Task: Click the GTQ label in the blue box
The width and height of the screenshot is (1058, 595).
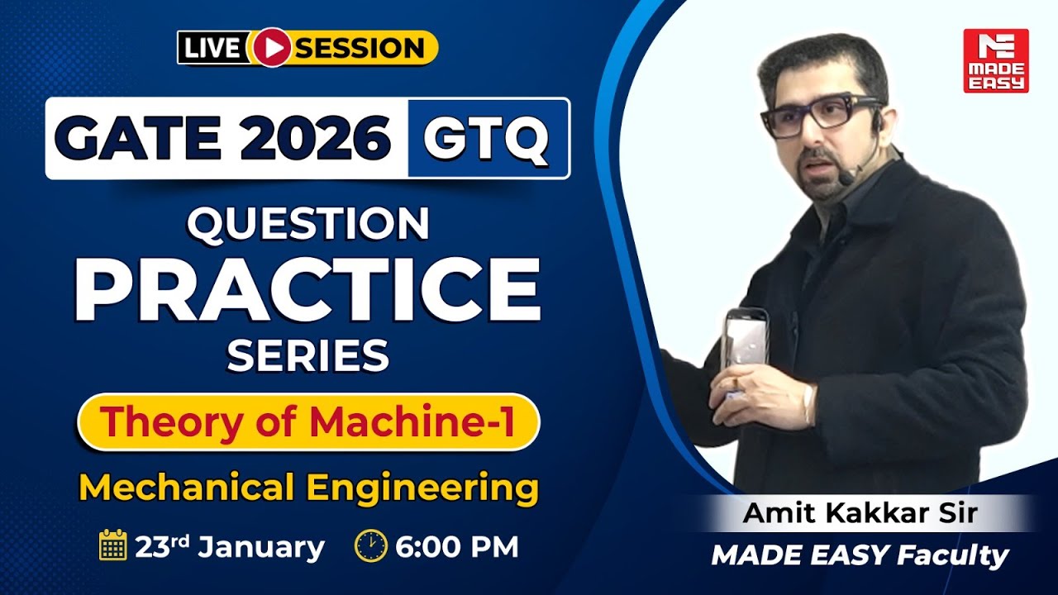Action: tap(487, 138)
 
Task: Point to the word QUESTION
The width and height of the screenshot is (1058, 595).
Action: tap(307, 224)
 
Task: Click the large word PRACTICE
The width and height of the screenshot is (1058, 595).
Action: tap(307, 289)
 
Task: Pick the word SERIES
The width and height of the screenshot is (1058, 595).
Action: tap(307, 356)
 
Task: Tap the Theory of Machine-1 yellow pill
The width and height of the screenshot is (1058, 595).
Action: tap(307, 422)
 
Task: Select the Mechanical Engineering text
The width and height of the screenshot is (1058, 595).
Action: tap(307, 487)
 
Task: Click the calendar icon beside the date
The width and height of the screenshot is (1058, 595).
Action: tap(112, 546)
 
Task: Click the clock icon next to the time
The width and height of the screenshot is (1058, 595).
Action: tap(370, 546)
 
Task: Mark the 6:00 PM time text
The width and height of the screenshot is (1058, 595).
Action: tap(458, 547)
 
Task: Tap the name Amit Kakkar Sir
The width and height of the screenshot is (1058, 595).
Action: tap(860, 513)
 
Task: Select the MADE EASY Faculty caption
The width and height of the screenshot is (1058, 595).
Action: tap(860, 555)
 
